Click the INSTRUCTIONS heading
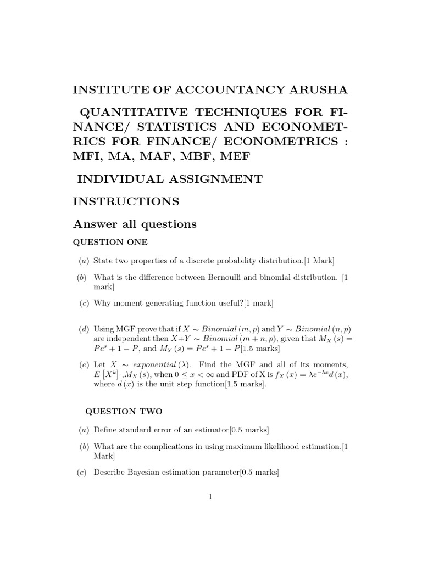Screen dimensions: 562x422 click(126, 201)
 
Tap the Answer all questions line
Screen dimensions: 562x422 click(135, 224)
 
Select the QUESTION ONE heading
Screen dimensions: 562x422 click(110, 242)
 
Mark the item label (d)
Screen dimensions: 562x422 click(83, 329)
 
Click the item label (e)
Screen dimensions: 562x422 click(83, 364)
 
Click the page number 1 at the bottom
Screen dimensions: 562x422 click(210, 497)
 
